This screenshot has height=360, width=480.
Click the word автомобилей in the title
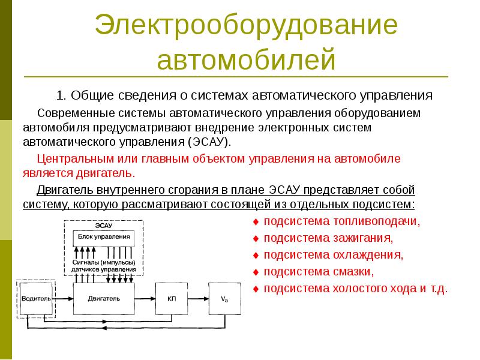pos(245,60)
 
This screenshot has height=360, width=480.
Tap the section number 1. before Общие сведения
pos(62,96)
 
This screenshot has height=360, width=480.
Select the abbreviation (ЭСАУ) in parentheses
pos(209,142)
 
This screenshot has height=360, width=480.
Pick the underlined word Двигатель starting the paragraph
pos(62,190)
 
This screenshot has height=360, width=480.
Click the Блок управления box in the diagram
pos(104,237)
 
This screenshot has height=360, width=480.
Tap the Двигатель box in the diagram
pos(104,298)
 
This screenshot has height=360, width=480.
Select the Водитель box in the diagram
pos(35,298)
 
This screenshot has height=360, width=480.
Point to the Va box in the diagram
pos(224,298)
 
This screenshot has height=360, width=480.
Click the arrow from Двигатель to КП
pos(145,298)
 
